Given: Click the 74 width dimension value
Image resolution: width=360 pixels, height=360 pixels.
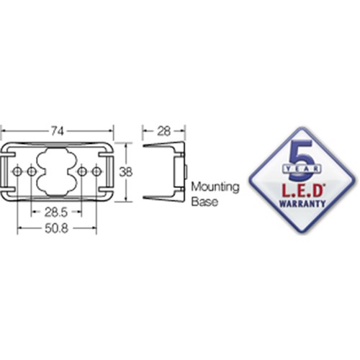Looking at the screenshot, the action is coord(57,131).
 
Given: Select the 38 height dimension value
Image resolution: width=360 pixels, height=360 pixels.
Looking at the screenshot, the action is coord(126,172).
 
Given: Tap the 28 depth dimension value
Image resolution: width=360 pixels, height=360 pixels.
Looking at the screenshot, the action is coord(163,131).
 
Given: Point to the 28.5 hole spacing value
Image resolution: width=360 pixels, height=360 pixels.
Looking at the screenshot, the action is coord(55,212).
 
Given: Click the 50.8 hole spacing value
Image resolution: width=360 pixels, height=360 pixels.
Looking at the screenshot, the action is coord(56,228).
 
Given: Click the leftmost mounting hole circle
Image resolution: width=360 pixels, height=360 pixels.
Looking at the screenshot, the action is coord(17,171).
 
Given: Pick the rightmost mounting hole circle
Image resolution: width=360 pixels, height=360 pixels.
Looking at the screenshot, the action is coord(96,171).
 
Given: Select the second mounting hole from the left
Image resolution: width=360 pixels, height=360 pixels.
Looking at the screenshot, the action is coord(32,171).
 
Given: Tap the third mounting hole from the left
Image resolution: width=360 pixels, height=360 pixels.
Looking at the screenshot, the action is coord(82,171).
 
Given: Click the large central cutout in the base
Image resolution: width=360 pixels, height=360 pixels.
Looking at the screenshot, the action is coord(56,171).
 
